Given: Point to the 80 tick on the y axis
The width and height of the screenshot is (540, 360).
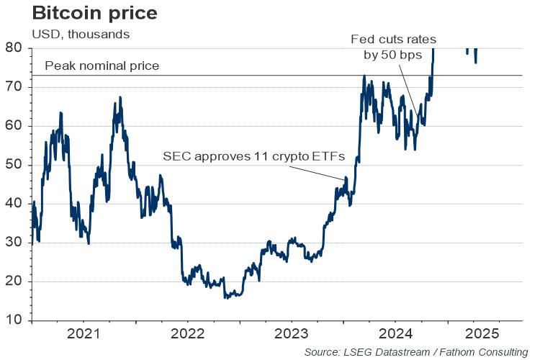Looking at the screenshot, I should (x=15, y=48).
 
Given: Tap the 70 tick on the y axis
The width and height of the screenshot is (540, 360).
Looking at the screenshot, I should (x=15, y=87).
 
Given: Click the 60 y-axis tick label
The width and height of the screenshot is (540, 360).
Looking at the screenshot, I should (x=15, y=126).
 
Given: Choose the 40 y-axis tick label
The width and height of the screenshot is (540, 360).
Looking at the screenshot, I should (x=15, y=204).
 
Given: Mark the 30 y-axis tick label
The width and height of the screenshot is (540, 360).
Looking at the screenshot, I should (x=15, y=243).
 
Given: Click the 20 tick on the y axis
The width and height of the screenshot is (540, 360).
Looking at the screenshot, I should (x=15, y=282).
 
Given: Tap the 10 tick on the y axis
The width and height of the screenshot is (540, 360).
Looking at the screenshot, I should (x=15, y=320).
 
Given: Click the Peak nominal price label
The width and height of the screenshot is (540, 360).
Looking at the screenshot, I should (x=102, y=67).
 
